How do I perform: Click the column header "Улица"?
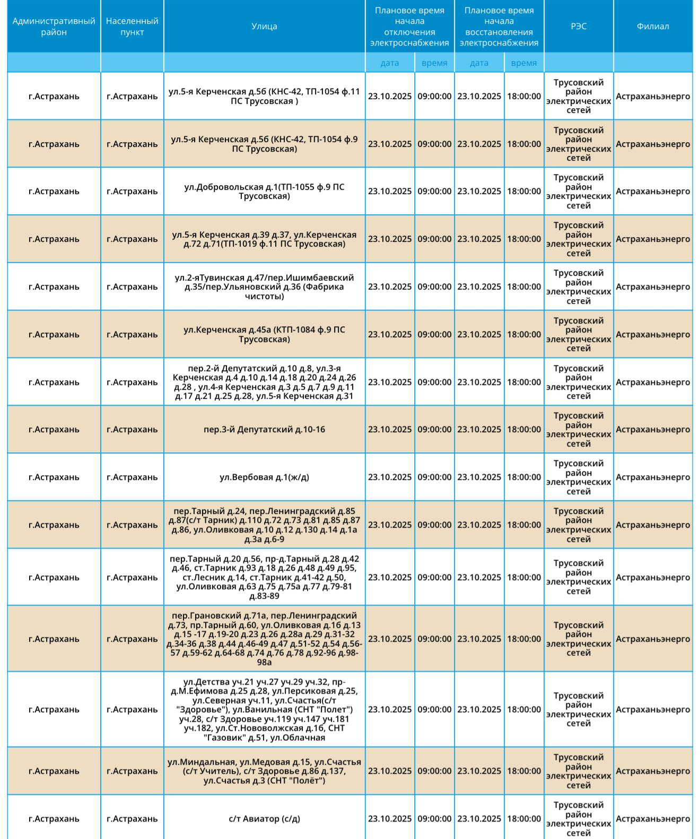point(264,27)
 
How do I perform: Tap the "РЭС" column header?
point(579,27)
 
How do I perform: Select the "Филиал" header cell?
point(653,27)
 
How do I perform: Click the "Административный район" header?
point(54,27)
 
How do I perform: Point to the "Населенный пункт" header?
point(132,27)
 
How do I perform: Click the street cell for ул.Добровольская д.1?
point(264,191)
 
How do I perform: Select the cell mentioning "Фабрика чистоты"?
point(264,287)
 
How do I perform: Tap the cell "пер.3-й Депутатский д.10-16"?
point(264,430)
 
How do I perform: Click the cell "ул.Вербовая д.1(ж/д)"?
point(264,477)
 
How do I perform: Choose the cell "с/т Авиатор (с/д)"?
point(264,819)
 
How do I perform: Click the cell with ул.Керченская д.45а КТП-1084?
point(264,335)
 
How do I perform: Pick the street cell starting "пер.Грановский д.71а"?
point(264,639)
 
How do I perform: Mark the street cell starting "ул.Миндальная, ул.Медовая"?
point(264,771)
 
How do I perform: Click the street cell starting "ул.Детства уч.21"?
point(264,710)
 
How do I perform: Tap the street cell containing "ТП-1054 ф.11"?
point(264,97)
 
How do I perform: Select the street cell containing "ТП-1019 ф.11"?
point(264,239)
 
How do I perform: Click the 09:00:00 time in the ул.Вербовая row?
point(434,477)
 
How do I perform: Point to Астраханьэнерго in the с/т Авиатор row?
point(653,819)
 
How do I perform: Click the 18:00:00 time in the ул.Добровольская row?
point(524,191)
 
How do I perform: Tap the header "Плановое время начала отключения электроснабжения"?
point(409,27)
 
